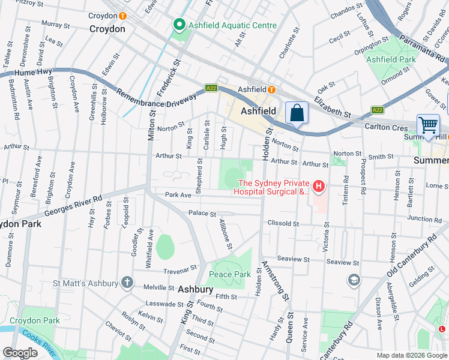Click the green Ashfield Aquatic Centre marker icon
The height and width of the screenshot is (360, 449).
[x=178, y=25]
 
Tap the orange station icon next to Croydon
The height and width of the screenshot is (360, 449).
[x=123, y=16]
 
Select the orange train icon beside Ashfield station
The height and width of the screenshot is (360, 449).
[x=271, y=89]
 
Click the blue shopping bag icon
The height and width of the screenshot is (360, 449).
[x=297, y=112]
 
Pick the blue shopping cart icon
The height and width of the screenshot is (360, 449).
[x=428, y=125]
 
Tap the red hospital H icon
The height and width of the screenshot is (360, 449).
[x=318, y=187]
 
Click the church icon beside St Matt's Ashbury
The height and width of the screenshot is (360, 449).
[x=127, y=281]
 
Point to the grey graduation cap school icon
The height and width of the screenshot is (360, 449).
[x=354, y=280]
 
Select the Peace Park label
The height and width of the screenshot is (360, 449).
[x=229, y=274]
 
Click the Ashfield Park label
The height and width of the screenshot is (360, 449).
[x=391, y=59]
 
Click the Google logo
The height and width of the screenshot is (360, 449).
[x=20, y=353]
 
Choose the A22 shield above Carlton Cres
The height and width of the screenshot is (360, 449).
[x=377, y=110]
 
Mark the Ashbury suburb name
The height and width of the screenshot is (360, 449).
[x=195, y=289]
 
